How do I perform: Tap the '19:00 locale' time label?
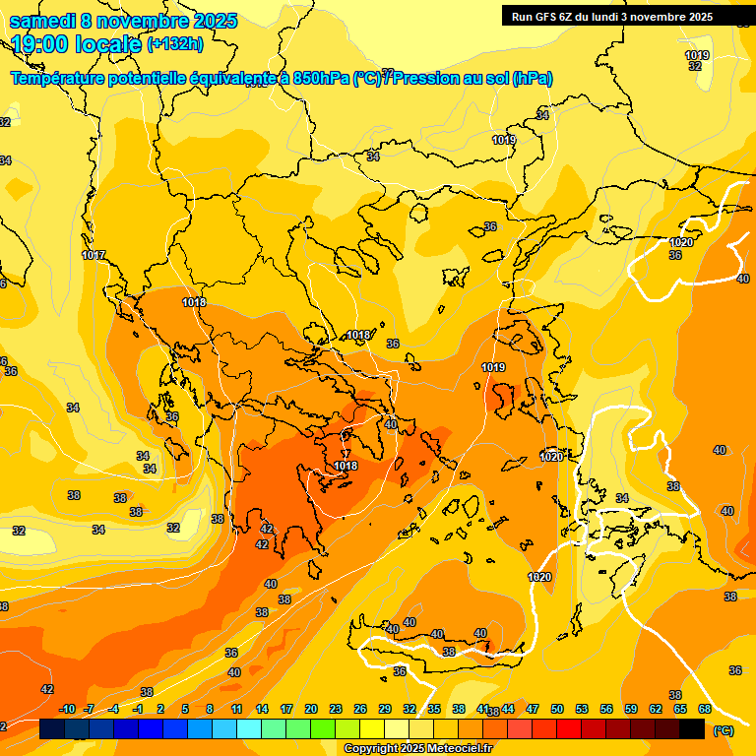point(77,44)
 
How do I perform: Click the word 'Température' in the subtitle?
point(61,79)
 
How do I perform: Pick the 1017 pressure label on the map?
point(94,255)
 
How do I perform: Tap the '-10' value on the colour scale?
point(67,709)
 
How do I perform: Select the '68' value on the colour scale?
point(705,709)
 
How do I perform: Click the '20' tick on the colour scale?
point(311,709)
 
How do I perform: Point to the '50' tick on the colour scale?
point(557,709)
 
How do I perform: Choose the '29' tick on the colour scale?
point(385,709)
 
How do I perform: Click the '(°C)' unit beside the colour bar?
point(723,730)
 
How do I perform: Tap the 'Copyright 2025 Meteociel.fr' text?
point(417,749)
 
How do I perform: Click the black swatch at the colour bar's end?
point(692,729)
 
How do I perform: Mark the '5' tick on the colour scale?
point(185,709)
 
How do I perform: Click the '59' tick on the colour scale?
point(631,709)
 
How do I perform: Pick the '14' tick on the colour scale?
point(262,709)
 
